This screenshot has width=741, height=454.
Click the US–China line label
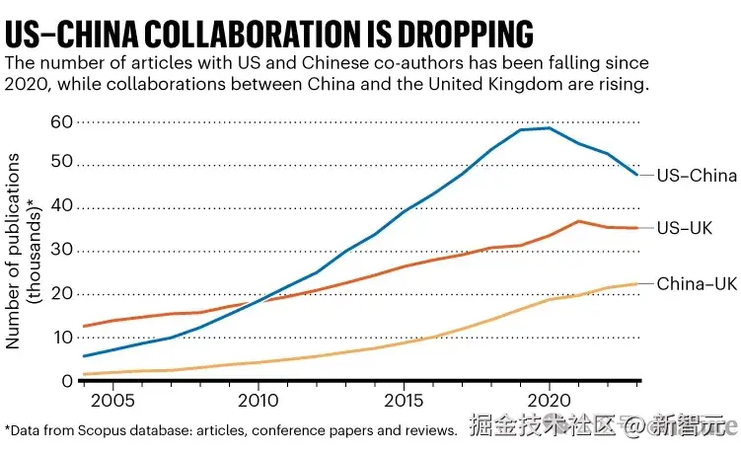pos(697,176)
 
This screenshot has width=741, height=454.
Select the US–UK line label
pos(686,229)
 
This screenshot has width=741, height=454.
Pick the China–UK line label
pos(697,284)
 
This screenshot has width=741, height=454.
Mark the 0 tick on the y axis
pos(66,381)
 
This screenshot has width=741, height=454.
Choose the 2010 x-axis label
pos(256,402)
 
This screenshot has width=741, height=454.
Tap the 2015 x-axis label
pos(403,402)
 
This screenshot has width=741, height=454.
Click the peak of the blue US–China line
pos(549,127)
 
